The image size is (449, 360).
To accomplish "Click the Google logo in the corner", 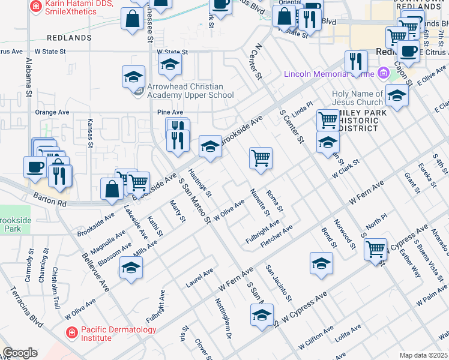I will click(x=20, y=353).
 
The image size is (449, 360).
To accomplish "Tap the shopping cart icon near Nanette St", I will click(x=261, y=159).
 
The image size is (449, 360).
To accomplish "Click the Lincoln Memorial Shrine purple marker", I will click(x=383, y=74).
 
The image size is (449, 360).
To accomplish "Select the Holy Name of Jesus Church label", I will click(x=357, y=98).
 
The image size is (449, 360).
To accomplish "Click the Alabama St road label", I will click(x=28, y=79).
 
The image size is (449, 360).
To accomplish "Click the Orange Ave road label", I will click(x=52, y=112).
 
